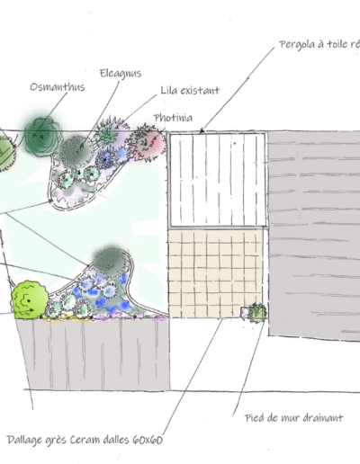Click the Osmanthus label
pyautogui.click(x=58, y=87)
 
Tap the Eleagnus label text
pyautogui.click(x=121, y=74)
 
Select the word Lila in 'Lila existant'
pyautogui.click(x=168, y=90)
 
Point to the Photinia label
pyautogui.click(x=173, y=118)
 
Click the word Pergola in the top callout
pyautogui.click(x=297, y=45)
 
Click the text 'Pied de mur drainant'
pyautogui.click(x=293, y=418)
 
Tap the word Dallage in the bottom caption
pyautogui.click(x=24, y=441)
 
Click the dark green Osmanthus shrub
pyautogui.click(x=43, y=137)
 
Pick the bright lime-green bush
pyautogui.click(x=30, y=299)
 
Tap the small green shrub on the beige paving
pyautogui.click(x=257, y=313)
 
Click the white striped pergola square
pyautogui.click(x=218, y=180)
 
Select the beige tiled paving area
pyautogui.click(x=215, y=273)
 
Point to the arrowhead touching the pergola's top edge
pyautogui.click(x=202, y=130)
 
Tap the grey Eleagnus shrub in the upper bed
pyautogui.click(x=75, y=150)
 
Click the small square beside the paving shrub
pyautogui.click(x=244, y=312)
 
